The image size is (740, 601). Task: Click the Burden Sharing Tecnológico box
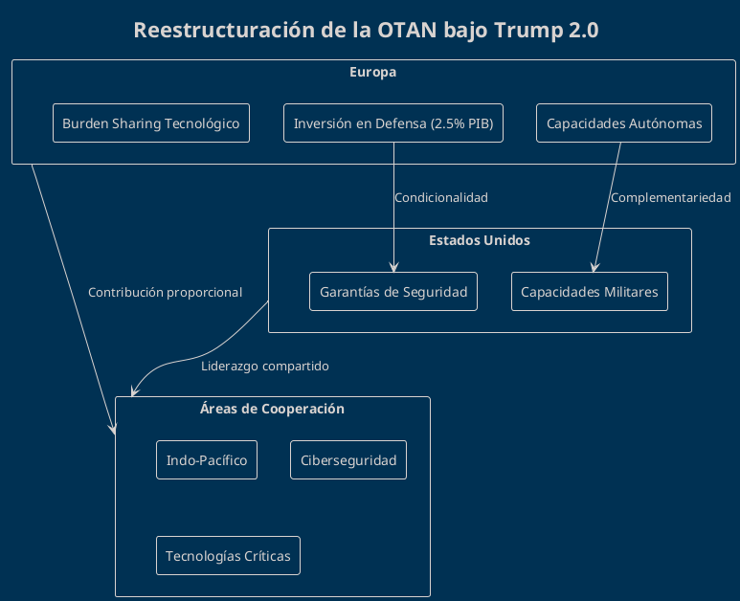tap(151, 123)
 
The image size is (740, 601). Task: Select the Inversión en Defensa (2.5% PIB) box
tap(393, 123)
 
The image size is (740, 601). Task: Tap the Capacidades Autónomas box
tap(624, 123)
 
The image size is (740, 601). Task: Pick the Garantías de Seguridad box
tap(393, 292)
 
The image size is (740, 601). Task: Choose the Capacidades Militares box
tap(590, 292)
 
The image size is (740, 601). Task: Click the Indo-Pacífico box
tap(207, 460)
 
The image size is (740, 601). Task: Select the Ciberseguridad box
tap(348, 460)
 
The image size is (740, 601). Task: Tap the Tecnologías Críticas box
tap(228, 556)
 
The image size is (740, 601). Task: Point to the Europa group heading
tap(373, 73)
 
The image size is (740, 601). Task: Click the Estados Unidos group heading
tap(480, 240)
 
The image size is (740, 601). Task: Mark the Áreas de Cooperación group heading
tap(272, 409)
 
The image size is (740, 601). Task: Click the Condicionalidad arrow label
tap(441, 198)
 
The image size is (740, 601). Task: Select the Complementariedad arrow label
tap(671, 198)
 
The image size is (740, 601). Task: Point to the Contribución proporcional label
tap(165, 292)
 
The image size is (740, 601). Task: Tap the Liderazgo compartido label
tap(265, 367)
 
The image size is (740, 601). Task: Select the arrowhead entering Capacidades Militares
tap(594, 269)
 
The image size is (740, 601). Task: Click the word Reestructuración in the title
tap(226, 31)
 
